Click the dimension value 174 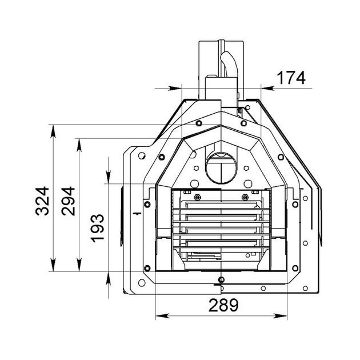point(291,78)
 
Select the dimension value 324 point(42,201)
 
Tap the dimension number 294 point(68,201)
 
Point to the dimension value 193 point(97,228)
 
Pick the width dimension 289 point(223,305)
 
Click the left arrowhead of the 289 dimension point(162,316)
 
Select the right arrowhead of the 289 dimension point(281,316)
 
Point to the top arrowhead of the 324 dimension point(53,131)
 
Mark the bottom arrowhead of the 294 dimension point(79,265)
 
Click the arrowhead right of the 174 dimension point(267,88)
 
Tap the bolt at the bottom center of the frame point(221,279)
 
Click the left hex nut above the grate point(197,197)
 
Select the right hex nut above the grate point(245,197)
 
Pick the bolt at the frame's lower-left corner point(147,268)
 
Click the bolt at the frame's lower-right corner point(295,268)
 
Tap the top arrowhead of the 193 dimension point(109,177)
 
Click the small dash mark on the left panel point(137,214)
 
